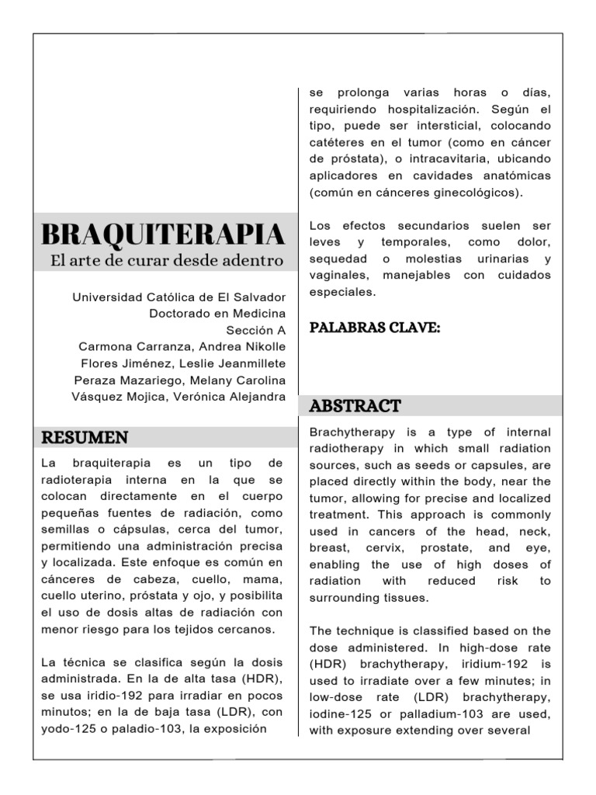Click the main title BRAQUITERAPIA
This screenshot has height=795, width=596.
[162, 233]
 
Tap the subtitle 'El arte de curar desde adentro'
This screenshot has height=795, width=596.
[167, 261]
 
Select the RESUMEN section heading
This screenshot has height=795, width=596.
[85, 437]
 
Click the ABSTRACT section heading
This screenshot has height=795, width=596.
[355, 405]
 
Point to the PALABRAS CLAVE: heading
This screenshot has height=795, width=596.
[375, 328]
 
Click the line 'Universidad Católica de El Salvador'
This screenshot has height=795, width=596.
[178, 297]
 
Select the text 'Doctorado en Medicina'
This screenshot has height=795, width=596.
[217, 314]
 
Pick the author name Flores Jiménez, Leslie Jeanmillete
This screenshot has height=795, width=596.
[183, 363]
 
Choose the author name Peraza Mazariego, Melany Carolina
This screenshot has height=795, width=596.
[179, 380]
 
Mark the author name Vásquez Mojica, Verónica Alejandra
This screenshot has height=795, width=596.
[179, 397]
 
